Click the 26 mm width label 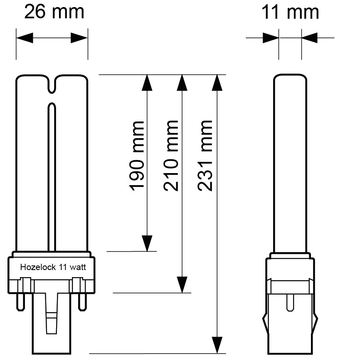54,12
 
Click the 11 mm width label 290,12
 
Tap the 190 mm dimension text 137,156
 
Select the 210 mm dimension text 171,156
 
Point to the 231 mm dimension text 205,156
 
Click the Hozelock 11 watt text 53,268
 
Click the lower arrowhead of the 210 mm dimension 181,285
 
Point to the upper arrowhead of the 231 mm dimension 217,82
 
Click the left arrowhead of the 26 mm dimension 24,38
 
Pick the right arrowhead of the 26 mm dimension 79,38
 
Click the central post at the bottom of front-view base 52,322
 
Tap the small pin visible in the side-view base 290,303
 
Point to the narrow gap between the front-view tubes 52,175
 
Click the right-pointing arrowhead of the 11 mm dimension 271,38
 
